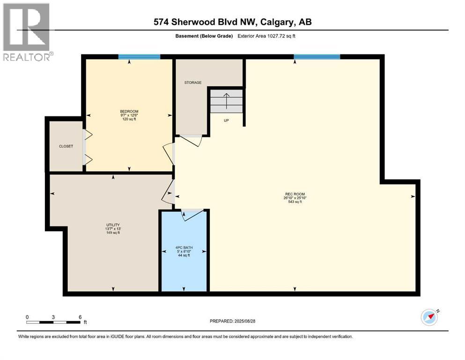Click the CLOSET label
point(66,146)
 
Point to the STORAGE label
point(192,82)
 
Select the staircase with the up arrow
point(227,101)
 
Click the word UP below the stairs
point(226,120)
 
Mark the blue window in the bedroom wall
point(139,57)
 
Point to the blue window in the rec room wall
point(317,57)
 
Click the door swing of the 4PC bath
point(193,214)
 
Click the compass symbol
point(429,317)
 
